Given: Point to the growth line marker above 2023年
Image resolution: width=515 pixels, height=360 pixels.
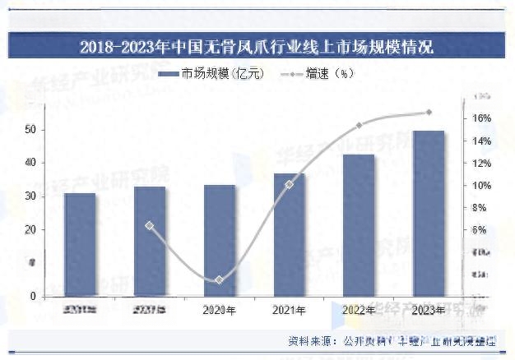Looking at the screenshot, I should pos(429,113).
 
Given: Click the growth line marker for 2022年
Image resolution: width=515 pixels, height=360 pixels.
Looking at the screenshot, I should pos(359,126).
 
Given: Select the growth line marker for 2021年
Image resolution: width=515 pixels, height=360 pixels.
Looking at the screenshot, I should pos(289,184).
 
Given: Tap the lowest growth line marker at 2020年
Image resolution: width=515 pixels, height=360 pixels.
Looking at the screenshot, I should pos(219,280).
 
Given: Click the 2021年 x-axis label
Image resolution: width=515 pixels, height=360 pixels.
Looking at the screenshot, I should pos(289,310).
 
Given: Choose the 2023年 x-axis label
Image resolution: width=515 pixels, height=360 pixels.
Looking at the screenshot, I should pos(429,310).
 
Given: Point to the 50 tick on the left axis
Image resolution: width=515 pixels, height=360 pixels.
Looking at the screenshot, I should pos(30,130).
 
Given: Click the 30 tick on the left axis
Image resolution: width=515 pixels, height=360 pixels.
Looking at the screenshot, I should pos(30,196).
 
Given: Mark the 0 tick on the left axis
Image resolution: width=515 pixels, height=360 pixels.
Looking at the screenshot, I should pos(33,296).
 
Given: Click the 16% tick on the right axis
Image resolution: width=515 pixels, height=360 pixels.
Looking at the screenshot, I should pos(482,118).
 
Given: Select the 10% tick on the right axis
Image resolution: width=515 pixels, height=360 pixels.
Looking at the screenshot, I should pos(482,185).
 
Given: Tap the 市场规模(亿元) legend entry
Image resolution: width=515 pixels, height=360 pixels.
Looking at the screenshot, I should pos(211,74).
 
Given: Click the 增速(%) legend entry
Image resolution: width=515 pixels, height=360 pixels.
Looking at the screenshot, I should pos(317,74).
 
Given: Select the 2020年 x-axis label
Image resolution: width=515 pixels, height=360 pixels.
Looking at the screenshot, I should pos(219,310).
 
